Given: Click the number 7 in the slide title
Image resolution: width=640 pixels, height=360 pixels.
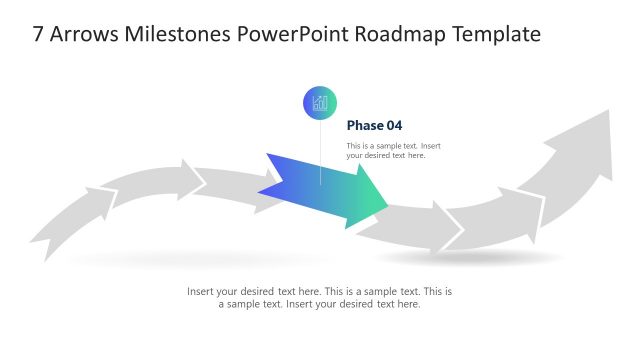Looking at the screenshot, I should (39, 35).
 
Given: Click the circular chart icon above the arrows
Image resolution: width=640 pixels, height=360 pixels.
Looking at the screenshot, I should (320, 102).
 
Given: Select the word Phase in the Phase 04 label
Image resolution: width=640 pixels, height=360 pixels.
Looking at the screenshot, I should (365, 126).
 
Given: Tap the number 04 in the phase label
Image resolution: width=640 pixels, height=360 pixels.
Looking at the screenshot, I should (394, 126).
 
